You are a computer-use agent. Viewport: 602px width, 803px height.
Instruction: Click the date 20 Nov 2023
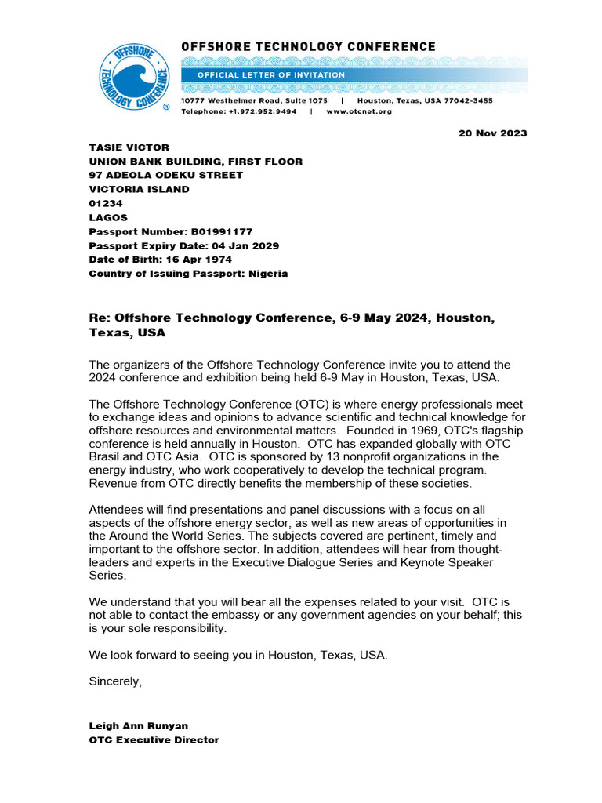point(492,133)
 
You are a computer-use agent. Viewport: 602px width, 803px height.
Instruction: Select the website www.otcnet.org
point(359,112)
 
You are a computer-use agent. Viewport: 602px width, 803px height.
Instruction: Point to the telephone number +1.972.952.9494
point(263,112)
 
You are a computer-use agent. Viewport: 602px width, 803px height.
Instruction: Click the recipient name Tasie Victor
point(129,147)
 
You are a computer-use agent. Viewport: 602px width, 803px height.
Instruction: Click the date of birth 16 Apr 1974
point(190,260)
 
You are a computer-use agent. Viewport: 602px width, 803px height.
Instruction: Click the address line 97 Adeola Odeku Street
point(166,176)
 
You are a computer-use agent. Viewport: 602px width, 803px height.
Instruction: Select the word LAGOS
point(108,218)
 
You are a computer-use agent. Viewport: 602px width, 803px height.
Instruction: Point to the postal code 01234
point(106,204)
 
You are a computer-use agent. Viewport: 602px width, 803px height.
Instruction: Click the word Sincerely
point(115,681)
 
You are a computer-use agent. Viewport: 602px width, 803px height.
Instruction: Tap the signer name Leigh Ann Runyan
point(140,726)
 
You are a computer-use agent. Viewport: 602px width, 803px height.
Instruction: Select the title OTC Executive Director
point(154,740)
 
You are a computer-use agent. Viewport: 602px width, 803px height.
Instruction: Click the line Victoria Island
point(139,190)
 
